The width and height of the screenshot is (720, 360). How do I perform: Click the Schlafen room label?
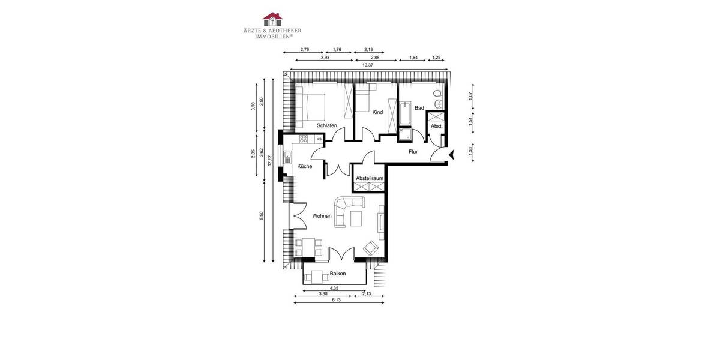tap(326, 125)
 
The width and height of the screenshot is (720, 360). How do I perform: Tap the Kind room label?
tap(377, 112)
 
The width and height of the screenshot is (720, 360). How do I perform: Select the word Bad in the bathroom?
tap(419, 108)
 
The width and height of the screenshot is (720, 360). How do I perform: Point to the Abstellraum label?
tap(369, 178)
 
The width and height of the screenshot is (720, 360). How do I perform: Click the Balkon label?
tap(338, 274)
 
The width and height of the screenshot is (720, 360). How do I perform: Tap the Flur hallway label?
tap(413, 152)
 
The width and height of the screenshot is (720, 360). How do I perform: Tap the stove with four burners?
tap(303, 139)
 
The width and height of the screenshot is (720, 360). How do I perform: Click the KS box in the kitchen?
tap(319, 139)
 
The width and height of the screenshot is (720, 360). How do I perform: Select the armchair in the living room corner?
tap(371, 248)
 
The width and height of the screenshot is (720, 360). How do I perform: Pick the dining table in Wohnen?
tap(308, 247)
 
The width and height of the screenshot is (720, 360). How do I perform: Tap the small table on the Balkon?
tap(316, 277)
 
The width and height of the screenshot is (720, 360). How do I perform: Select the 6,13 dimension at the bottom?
tap(337, 299)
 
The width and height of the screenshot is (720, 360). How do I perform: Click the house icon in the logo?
tap(272, 18)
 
